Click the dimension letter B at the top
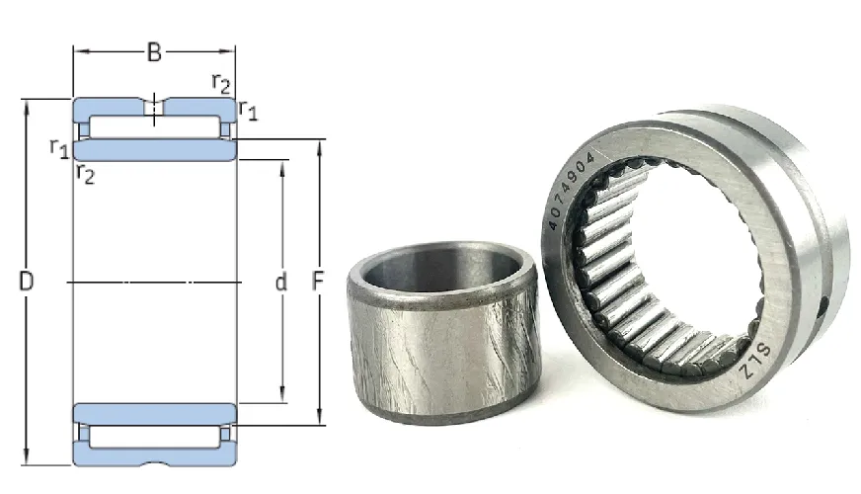click(154, 52)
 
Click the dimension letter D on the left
click(26, 281)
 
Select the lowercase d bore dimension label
click(281, 282)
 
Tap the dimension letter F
click(318, 281)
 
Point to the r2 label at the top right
click(221, 84)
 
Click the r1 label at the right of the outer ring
click(248, 110)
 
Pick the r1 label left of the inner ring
click(59, 148)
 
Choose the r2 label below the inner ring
click(86, 173)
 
